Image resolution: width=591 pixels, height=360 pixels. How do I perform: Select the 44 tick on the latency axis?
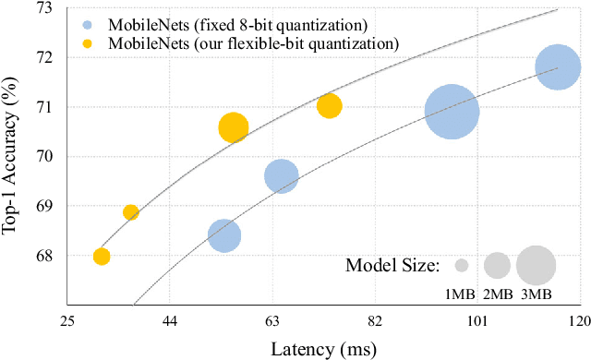170,321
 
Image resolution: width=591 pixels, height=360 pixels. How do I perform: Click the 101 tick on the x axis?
476,321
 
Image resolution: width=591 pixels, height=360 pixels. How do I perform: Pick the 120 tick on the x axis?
579,321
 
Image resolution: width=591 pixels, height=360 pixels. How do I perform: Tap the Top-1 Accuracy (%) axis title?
12,156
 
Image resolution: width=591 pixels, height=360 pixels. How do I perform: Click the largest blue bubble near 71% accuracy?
452,112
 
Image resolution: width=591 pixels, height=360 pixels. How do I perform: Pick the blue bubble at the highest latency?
557,67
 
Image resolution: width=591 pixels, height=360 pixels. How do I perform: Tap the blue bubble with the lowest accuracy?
223,236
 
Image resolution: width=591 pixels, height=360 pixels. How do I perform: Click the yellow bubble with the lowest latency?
102,257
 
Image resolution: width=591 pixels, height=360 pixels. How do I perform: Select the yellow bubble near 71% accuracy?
329,106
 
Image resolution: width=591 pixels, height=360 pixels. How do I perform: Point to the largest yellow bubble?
234,128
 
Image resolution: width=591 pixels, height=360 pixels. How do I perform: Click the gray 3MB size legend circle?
536,266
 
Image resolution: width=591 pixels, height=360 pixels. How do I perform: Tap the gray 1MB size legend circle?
462,266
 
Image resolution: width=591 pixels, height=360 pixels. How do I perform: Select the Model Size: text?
392,266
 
